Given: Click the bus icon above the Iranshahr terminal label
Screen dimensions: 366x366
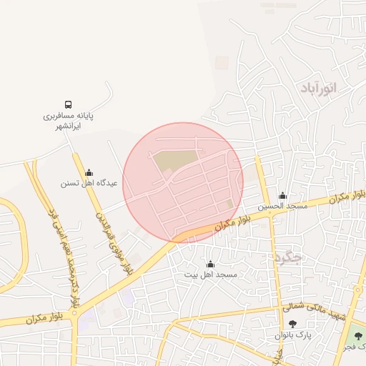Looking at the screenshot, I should pos(69,104).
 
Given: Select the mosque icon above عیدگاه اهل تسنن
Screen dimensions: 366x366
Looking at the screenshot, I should pos(89,172).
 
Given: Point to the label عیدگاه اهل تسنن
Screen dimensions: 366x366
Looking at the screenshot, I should pos(89,184).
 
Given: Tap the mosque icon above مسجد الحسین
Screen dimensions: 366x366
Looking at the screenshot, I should pos(283,195).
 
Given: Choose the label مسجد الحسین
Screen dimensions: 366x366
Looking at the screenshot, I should pos(283,206).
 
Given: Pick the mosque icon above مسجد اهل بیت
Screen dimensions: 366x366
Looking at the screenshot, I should pos(209,264).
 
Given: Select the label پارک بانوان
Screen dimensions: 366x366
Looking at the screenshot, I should pos(292,335).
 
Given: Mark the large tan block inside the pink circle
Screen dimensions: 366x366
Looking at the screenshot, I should pos(176,160).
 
